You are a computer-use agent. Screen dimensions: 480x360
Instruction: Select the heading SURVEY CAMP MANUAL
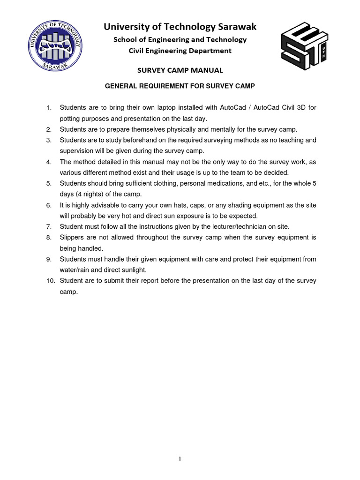(x=180, y=71)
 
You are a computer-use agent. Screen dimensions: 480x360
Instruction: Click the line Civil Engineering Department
(x=180, y=51)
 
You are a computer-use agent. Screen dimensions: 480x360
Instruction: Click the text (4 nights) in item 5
(x=91, y=194)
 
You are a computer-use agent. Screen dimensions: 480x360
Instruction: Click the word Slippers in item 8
(x=72, y=237)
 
